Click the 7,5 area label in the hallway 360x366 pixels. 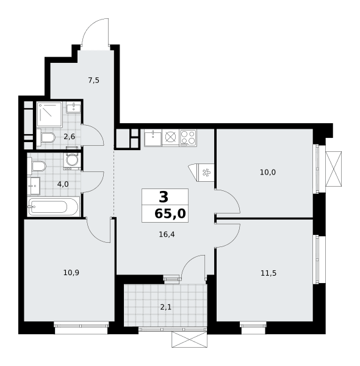(x=93, y=81)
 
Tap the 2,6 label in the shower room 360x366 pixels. (x=70, y=137)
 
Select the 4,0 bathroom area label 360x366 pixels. (x=63, y=184)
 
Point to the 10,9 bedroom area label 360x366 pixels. (x=71, y=273)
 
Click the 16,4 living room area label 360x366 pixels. (x=167, y=234)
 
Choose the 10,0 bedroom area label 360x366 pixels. (x=268, y=173)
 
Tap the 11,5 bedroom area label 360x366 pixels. (x=268, y=273)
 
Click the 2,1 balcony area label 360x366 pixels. (x=166, y=307)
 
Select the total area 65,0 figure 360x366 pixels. (x=170, y=213)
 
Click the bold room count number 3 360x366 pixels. (x=164, y=197)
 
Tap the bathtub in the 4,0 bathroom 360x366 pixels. (x=54, y=207)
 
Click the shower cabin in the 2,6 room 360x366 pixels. (x=49, y=115)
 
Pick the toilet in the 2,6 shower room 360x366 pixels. (x=46, y=137)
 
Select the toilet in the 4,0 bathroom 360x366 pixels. (x=37, y=166)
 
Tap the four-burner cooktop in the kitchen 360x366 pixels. (x=188, y=138)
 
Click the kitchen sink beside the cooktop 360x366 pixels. (x=153, y=138)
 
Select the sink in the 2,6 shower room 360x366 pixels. (x=73, y=107)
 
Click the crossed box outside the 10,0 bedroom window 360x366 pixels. (x=333, y=169)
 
